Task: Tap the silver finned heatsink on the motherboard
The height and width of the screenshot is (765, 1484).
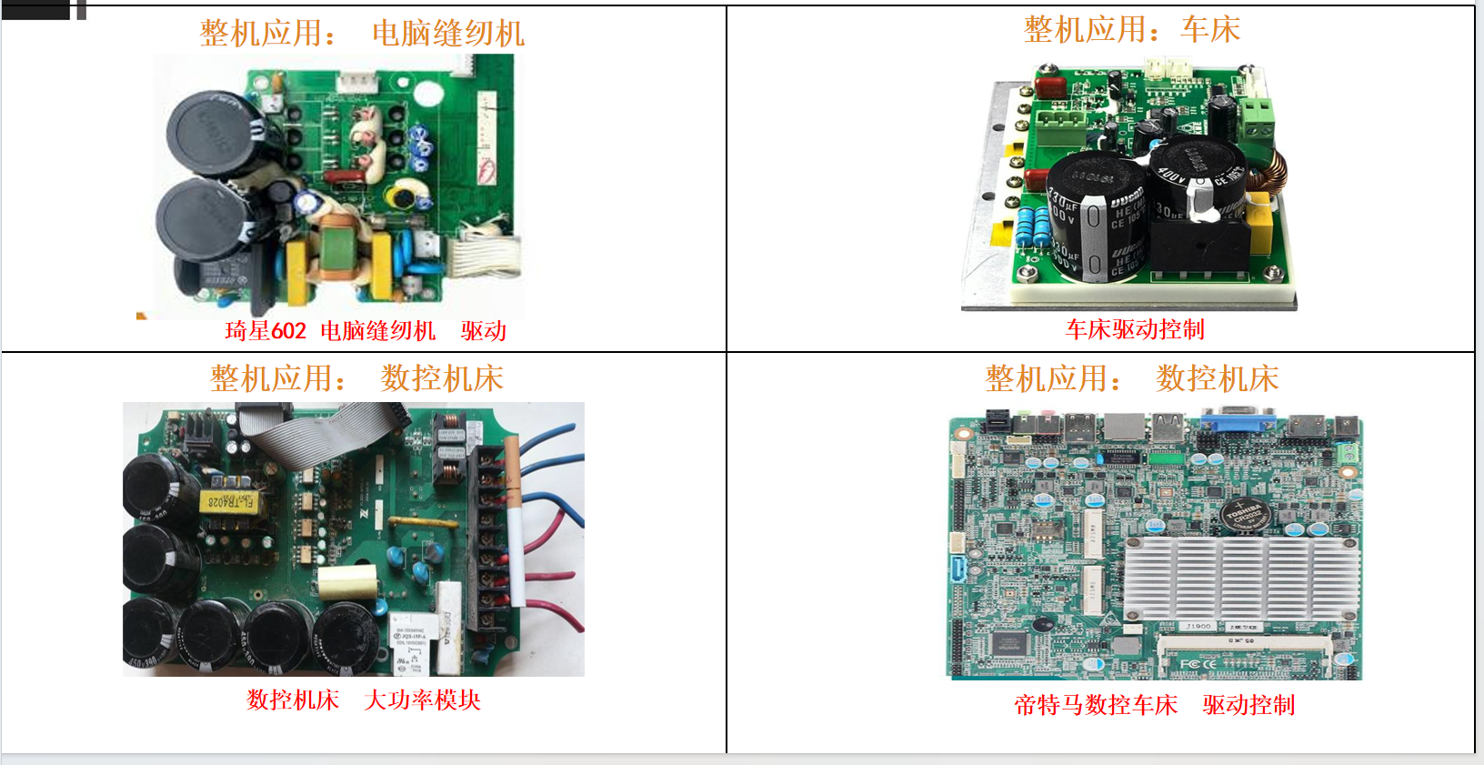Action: coord(1242,578)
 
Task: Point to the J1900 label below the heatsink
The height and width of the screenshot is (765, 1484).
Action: coord(1198,627)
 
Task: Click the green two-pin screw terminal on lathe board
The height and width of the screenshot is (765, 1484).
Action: coord(1258,117)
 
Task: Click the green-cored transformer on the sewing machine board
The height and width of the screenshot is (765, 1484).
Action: coord(342,249)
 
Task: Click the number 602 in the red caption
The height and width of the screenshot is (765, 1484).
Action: coord(288,331)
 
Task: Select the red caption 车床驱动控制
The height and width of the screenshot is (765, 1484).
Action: coord(1135,329)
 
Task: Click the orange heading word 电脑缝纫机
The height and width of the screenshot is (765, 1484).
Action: coord(448,34)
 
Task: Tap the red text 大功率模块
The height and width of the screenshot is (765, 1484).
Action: coord(422,700)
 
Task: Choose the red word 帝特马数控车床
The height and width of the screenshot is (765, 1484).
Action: coord(1096,705)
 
